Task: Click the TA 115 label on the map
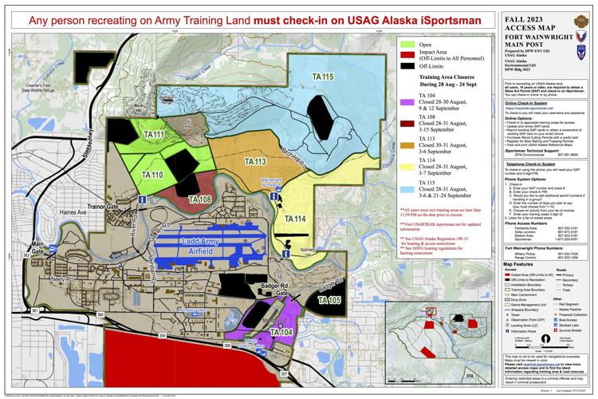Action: click(323, 77)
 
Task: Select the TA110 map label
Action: click(152, 175)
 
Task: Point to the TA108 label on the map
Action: click(176, 199)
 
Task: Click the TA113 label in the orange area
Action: click(254, 162)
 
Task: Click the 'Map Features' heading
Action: click(517, 262)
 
